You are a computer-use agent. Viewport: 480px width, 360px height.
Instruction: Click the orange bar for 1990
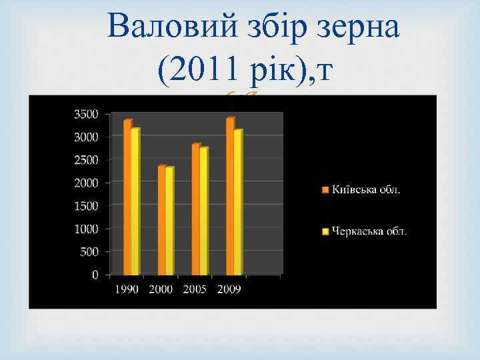tap(127, 197)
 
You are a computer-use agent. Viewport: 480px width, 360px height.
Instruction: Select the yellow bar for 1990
tap(135, 201)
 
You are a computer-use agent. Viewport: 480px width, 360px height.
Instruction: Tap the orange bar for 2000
tap(161, 220)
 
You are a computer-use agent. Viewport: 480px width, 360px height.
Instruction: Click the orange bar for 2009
tap(230, 196)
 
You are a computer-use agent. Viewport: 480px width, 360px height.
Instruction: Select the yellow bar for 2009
tap(238, 202)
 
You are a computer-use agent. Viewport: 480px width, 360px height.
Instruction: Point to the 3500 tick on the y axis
tap(85, 114)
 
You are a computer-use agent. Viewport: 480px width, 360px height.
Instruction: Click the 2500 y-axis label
tap(85, 160)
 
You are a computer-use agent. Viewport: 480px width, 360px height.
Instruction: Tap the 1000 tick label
tap(85, 229)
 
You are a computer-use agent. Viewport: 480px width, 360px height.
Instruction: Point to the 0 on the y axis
tap(95, 275)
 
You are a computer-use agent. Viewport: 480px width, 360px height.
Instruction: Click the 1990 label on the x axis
tap(127, 289)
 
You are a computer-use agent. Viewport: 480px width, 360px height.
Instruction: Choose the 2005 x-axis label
tap(195, 289)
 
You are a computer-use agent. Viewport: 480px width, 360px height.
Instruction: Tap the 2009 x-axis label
tap(229, 289)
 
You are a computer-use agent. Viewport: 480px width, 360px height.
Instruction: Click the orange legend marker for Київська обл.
tap(325, 190)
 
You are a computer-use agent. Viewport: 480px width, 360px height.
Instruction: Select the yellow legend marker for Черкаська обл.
tap(325, 232)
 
